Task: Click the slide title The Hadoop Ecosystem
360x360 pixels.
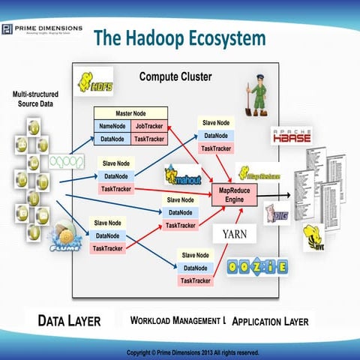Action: click(x=179, y=37)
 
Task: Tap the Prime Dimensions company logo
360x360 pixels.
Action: click(x=40, y=30)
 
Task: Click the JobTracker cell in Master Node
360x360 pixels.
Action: click(x=151, y=126)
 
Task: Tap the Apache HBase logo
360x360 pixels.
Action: click(x=294, y=135)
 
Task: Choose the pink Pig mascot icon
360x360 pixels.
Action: click(x=272, y=212)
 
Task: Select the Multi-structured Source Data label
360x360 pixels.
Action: click(x=37, y=100)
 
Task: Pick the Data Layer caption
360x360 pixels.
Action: click(x=69, y=320)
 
